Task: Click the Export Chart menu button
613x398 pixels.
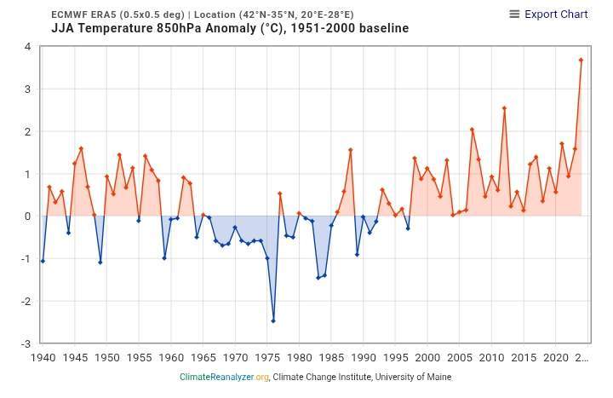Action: pos(548,14)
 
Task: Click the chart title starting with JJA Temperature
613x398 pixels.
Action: pos(230,28)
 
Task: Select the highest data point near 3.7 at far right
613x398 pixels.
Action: pos(581,60)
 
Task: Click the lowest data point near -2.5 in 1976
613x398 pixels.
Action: pos(273,321)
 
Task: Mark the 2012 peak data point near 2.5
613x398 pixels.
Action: pos(504,108)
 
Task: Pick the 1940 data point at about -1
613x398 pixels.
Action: pos(43,261)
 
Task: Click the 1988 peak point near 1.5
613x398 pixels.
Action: pos(350,150)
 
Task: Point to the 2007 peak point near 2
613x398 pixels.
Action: pos(472,130)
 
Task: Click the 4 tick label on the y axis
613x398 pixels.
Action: pos(28,47)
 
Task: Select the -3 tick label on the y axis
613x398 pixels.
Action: pos(26,343)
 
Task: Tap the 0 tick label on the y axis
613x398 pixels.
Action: pos(28,216)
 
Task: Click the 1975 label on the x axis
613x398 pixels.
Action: pos(267,358)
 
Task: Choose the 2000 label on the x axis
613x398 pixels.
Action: pos(427,358)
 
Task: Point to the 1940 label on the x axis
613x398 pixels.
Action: pos(43,358)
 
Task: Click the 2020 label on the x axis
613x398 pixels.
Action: pos(556,358)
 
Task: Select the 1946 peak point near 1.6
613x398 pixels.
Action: pos(81,148)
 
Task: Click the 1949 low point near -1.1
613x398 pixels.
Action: pos(100,262)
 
